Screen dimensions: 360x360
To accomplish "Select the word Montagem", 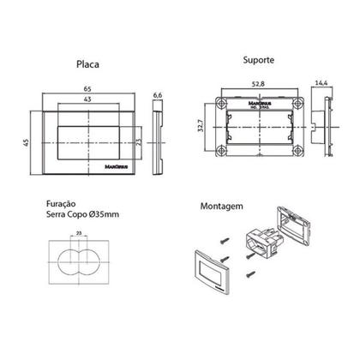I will (220, 207).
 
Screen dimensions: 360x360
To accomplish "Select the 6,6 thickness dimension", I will (157, 97).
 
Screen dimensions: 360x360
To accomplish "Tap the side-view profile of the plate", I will (158, 136).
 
